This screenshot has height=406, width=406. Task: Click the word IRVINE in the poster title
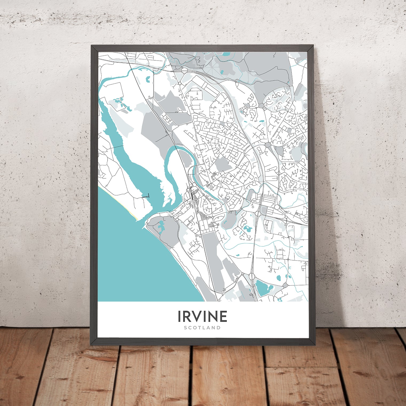click(x=202, y=316)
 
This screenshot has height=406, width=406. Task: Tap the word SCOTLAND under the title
click(x=202, y=328)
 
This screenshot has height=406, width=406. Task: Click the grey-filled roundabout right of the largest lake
click(x=285, y=286)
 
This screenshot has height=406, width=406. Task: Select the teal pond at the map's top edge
click(x=226, y=54)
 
